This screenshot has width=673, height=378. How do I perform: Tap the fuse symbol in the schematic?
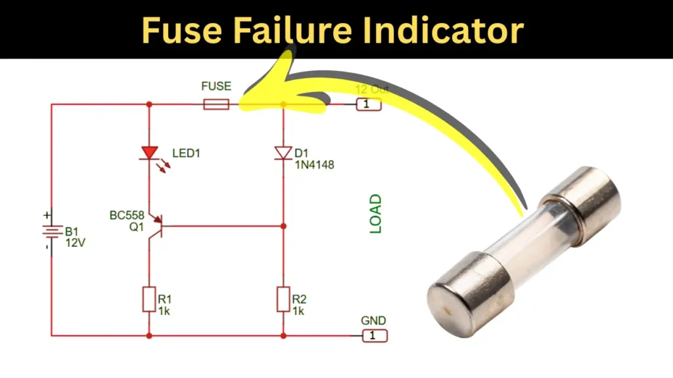(216, 104)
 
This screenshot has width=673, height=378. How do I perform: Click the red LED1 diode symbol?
(150, 154)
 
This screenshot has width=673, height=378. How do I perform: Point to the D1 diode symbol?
(283, 153)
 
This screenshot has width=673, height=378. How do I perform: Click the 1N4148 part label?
(314, 165)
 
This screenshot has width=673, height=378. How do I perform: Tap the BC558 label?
(127, 215)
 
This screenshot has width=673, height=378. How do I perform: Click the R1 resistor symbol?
(149, 299)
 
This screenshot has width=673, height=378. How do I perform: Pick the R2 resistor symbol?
(283, 299)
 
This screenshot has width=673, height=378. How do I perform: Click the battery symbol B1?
(51, 232)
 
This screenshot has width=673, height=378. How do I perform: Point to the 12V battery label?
(75, 243)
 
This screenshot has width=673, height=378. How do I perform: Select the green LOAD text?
(375, 214)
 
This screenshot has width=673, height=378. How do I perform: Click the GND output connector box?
(375, 336)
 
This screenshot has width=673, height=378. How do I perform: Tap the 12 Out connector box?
(369, 104)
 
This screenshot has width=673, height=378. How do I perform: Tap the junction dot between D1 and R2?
(283, 226)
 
